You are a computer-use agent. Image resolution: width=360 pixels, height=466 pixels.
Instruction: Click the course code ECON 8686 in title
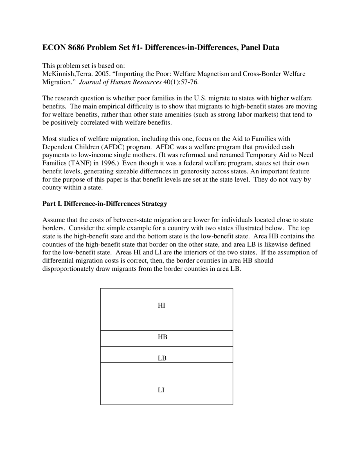tap(64, 48)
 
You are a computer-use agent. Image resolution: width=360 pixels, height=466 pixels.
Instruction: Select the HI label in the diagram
tap(161, 305)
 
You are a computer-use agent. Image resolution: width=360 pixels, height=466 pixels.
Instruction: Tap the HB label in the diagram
tap(162, 337)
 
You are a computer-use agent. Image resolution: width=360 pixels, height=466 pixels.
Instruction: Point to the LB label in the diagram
tap(162, 358)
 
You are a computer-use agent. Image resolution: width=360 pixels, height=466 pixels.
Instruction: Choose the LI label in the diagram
tap(161, 390)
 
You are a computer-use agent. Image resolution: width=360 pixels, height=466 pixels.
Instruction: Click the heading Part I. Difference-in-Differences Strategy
tap(105, 204)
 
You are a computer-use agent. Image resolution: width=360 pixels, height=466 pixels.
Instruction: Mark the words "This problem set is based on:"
tap(84, 66)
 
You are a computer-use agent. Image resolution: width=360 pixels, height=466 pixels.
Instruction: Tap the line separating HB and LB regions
tap(166, 346)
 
